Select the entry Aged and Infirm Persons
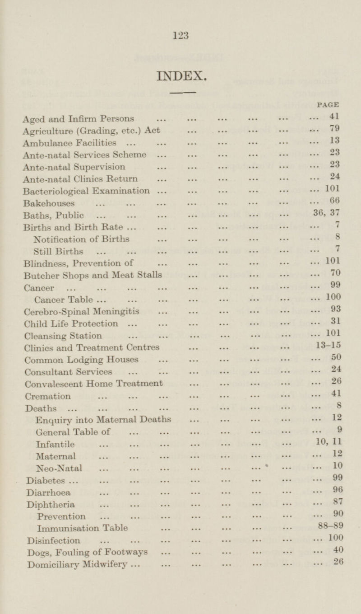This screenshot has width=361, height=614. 78,120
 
